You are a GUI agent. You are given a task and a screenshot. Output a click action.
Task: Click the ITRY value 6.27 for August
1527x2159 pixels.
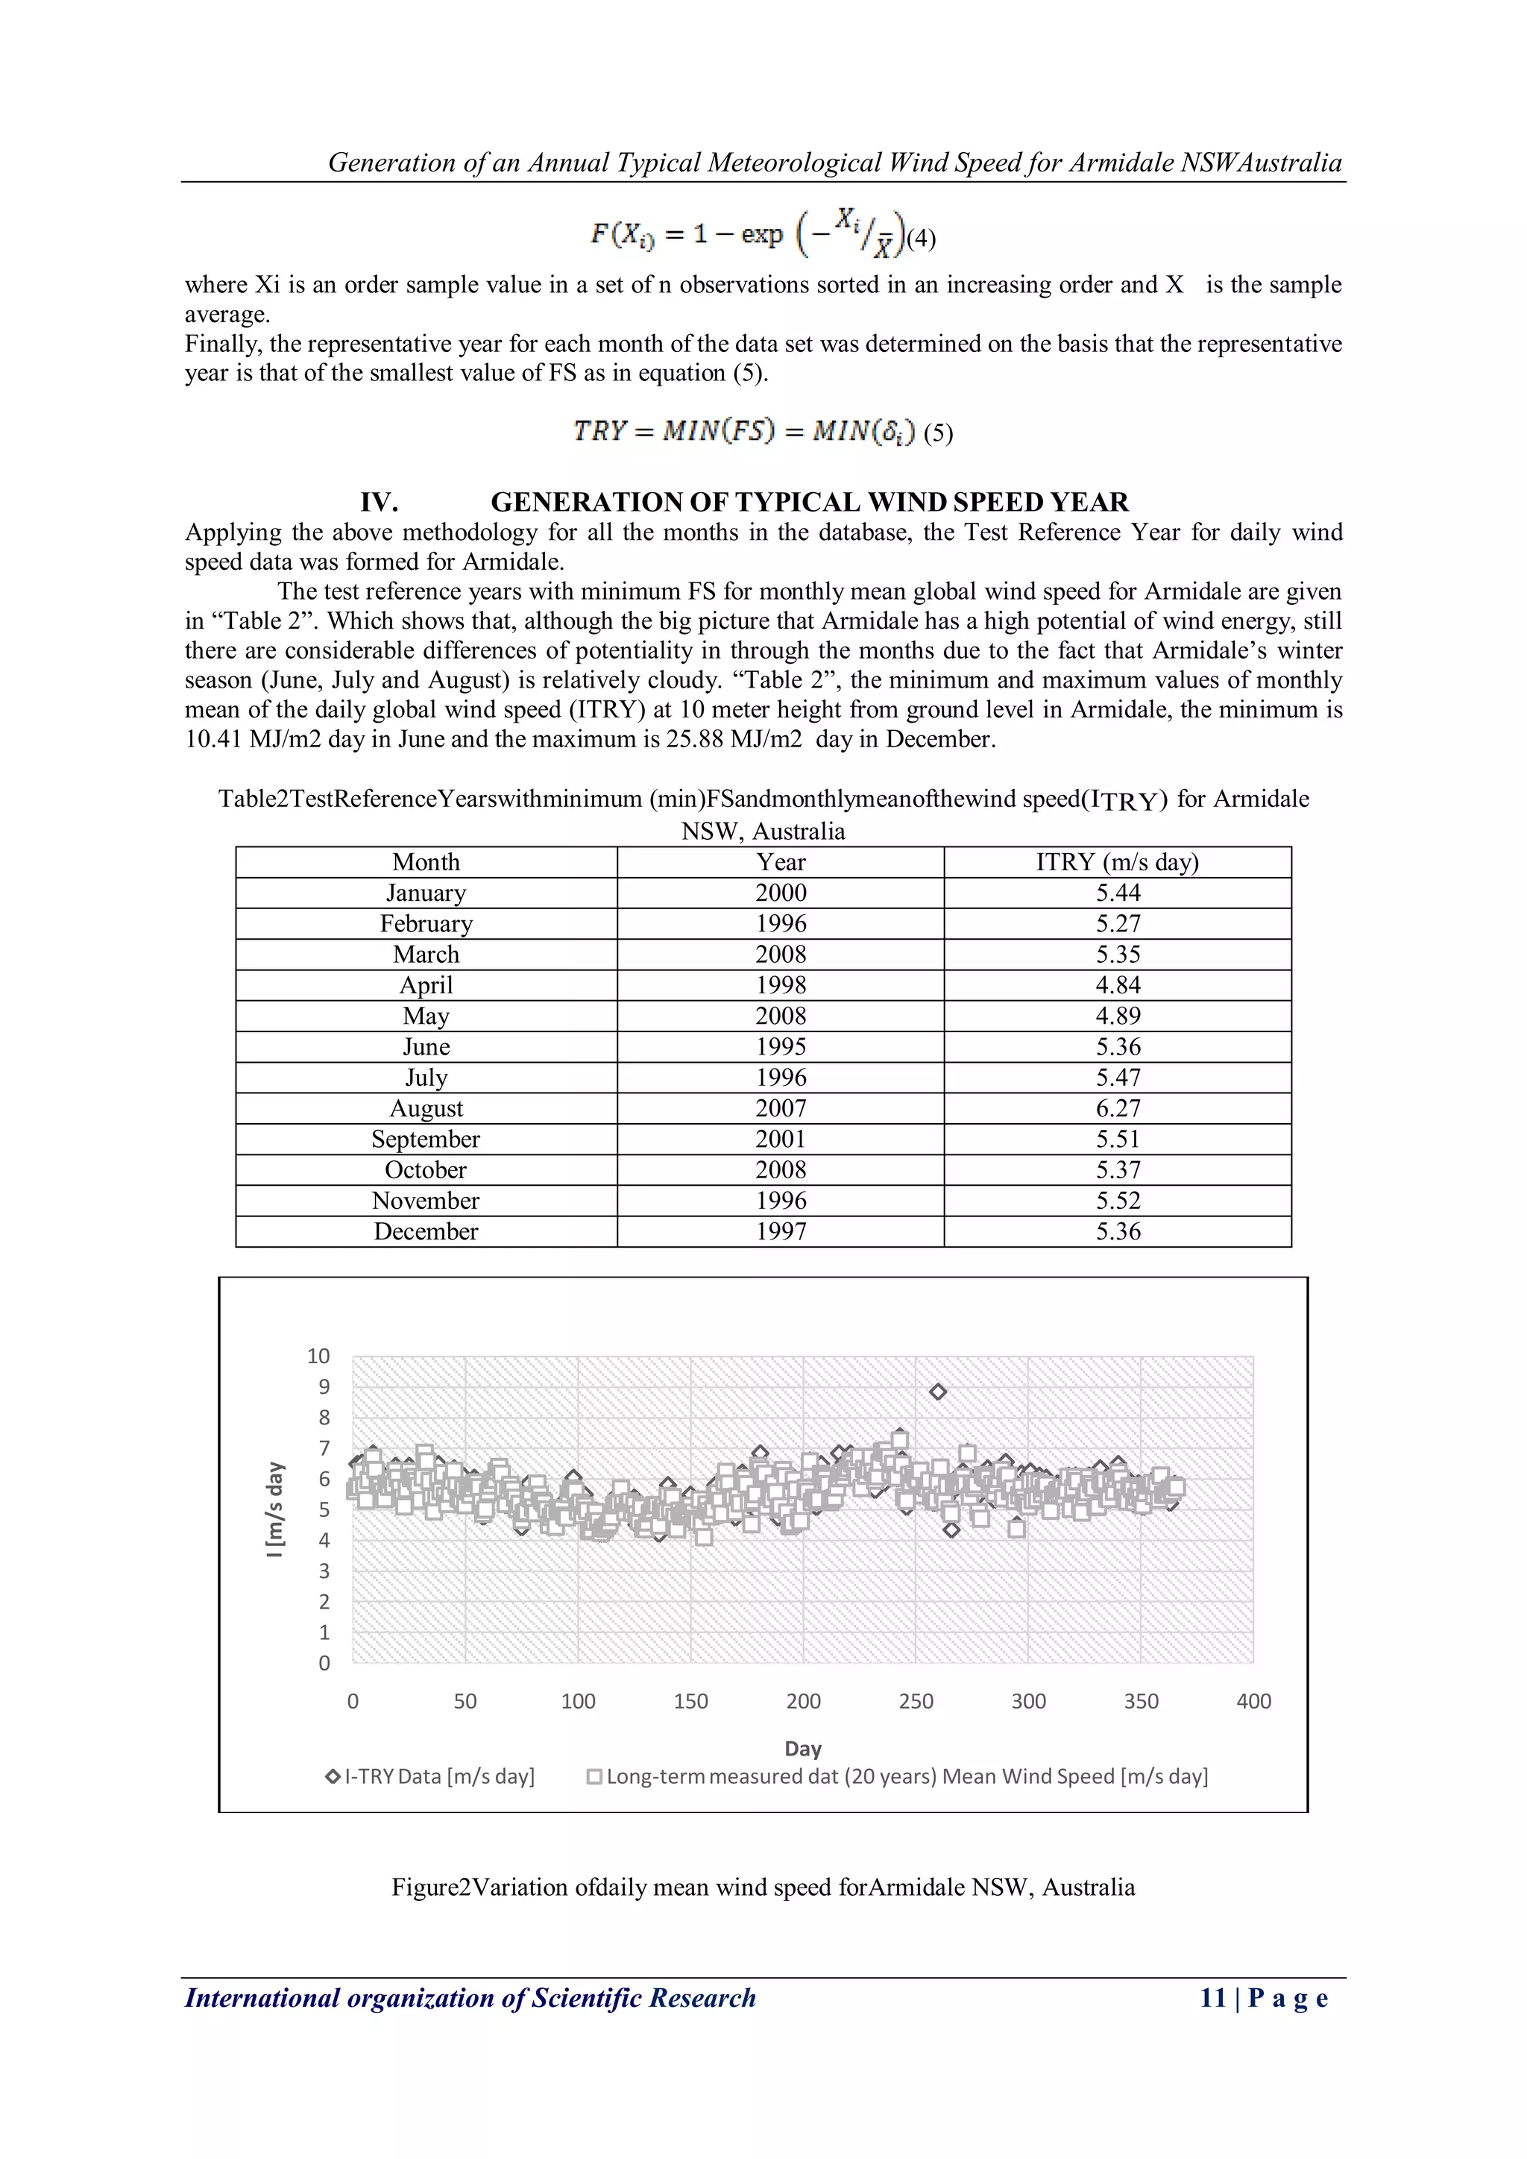[x=1117, y=1109]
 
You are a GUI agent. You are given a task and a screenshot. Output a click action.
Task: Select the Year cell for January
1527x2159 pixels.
[x=781, y=893]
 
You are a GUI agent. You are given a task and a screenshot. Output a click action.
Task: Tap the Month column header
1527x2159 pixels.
[x=426, y=862]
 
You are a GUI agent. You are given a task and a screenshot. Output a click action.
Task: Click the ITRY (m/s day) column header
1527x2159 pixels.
[x=1117, y=862]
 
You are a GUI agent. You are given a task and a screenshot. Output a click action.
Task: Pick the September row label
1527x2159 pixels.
[x=426, y=1140]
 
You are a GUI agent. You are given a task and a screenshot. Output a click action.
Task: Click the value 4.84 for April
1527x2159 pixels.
[x=1117, y=985]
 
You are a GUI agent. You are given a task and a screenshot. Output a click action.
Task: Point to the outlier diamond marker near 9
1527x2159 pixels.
[x=937, y=1392]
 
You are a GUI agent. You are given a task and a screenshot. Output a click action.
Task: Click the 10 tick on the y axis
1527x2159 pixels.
[x=319, y=1356]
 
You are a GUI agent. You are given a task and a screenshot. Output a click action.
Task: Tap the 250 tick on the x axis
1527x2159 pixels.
[x=916, y=1701]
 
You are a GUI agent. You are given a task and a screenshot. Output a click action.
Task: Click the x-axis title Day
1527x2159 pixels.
[x=803, y=1749]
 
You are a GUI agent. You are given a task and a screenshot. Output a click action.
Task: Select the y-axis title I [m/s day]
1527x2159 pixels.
[x=274, y=1509]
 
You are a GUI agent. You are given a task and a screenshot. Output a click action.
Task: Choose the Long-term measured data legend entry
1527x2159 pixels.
[x=898, y=1776]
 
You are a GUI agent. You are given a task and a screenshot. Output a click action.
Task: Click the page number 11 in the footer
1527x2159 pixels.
[x=1213, y=1998]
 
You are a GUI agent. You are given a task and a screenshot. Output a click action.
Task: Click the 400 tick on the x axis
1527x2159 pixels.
[x=1253, y=1701]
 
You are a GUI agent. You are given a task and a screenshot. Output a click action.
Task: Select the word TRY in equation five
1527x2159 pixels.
[x=600, y=432]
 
